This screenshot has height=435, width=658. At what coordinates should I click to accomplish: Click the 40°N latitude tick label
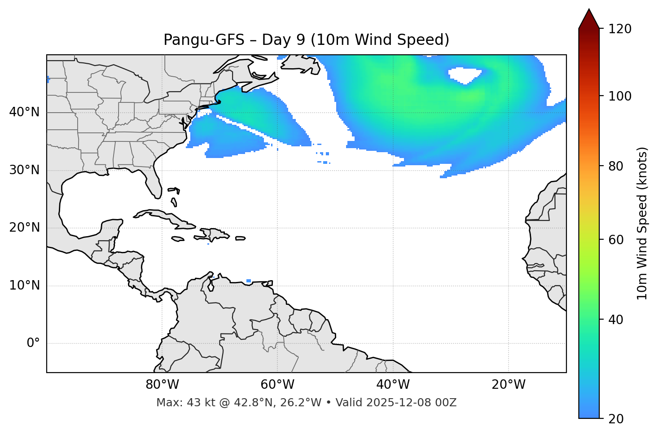pyautogui.click(x=24, y=112)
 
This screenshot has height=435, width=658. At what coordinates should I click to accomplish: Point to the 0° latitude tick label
pyautogui.click(x=33, y=343)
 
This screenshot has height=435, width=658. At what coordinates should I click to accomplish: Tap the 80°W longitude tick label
pyautogui.click(x=162, y=385)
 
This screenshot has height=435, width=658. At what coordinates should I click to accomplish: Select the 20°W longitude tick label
pyautogui.click(x=509, y=385)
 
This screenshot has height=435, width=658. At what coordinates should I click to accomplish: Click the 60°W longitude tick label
pyautogui.click(x=277, y=385)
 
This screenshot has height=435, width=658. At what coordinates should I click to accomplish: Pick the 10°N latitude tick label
pyautogui.click(x=24, y=286)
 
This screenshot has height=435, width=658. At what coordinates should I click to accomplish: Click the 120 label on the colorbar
pyautogui.click(x=620, y=29)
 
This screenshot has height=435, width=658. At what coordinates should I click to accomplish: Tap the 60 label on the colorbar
pyautogui.click(x=617, y=240)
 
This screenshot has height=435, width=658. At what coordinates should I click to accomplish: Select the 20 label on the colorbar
pyautogui.click(x=617, y=419)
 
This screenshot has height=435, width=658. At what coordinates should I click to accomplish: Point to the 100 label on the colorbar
pyautogui.click(x=620, y=96)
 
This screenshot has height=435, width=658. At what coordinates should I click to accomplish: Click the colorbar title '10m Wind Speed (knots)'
pyautogui.click(x=642, y=223)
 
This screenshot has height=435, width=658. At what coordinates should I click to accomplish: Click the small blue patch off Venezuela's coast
pyautogui.click(x=249, y=281)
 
